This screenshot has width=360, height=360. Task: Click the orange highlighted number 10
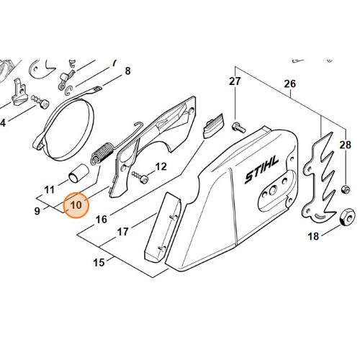pyautogui.click(x=76, y=205)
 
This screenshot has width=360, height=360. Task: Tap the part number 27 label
pyautogui.click(x=235, y=81)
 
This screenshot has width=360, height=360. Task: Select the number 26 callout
pyautogui.click(x=290, y=84)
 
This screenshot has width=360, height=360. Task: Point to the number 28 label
pyautogui.click(x=345, y=145)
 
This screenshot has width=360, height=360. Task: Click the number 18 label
pyautogui.click(x=313, y=236)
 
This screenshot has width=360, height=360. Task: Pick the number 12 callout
pyautogui.click(x=161, y=166)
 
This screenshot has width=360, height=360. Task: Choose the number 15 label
pyautogui.click(x=99, y=262)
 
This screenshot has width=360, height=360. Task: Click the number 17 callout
pyautogui.click(x=122, y=232)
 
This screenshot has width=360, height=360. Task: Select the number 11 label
pyautogui.click(x=50, y=190)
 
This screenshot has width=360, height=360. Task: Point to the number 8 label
pyautogui.click(x=127, y=71)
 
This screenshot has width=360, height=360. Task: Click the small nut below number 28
pyautogui.click(x=345, y=189)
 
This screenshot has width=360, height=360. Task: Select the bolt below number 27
pyautogui.click(x=238, y=127)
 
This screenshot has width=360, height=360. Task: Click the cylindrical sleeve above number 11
pyautogui.click(x=78, y=174)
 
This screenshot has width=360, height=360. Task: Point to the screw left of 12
pyautogui.click(x=140, y=176)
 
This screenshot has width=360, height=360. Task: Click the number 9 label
pyautogui.click(x=37, y=211)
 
